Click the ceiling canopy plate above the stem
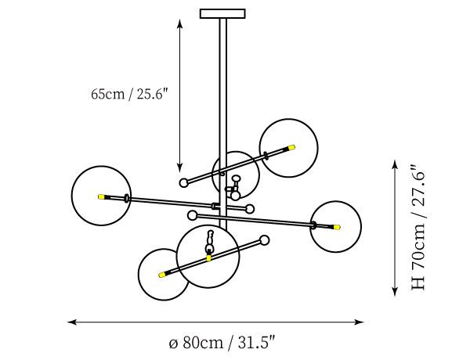click(x=222, y=13)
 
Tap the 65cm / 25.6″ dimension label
click(x=130, y=95)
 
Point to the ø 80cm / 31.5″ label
click(x=222, y=343)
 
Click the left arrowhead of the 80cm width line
click(x=71, y=322)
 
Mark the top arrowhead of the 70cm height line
click(x=394, y=164)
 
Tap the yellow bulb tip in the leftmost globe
click(x=101, y=196)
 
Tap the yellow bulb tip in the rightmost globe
click(x=337, y=227)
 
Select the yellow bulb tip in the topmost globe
click(x=291, y=146)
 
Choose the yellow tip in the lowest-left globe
click(x=162, y=275)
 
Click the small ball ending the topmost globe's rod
click(x=184, y=182)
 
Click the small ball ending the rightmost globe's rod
click(x=193, y=214)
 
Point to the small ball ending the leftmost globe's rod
click(x=250, y=208)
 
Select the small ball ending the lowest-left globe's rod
click(x=264, y=240)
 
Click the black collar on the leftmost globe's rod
click(x=127, y=199)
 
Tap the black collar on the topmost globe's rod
click(x=266, y=155)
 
